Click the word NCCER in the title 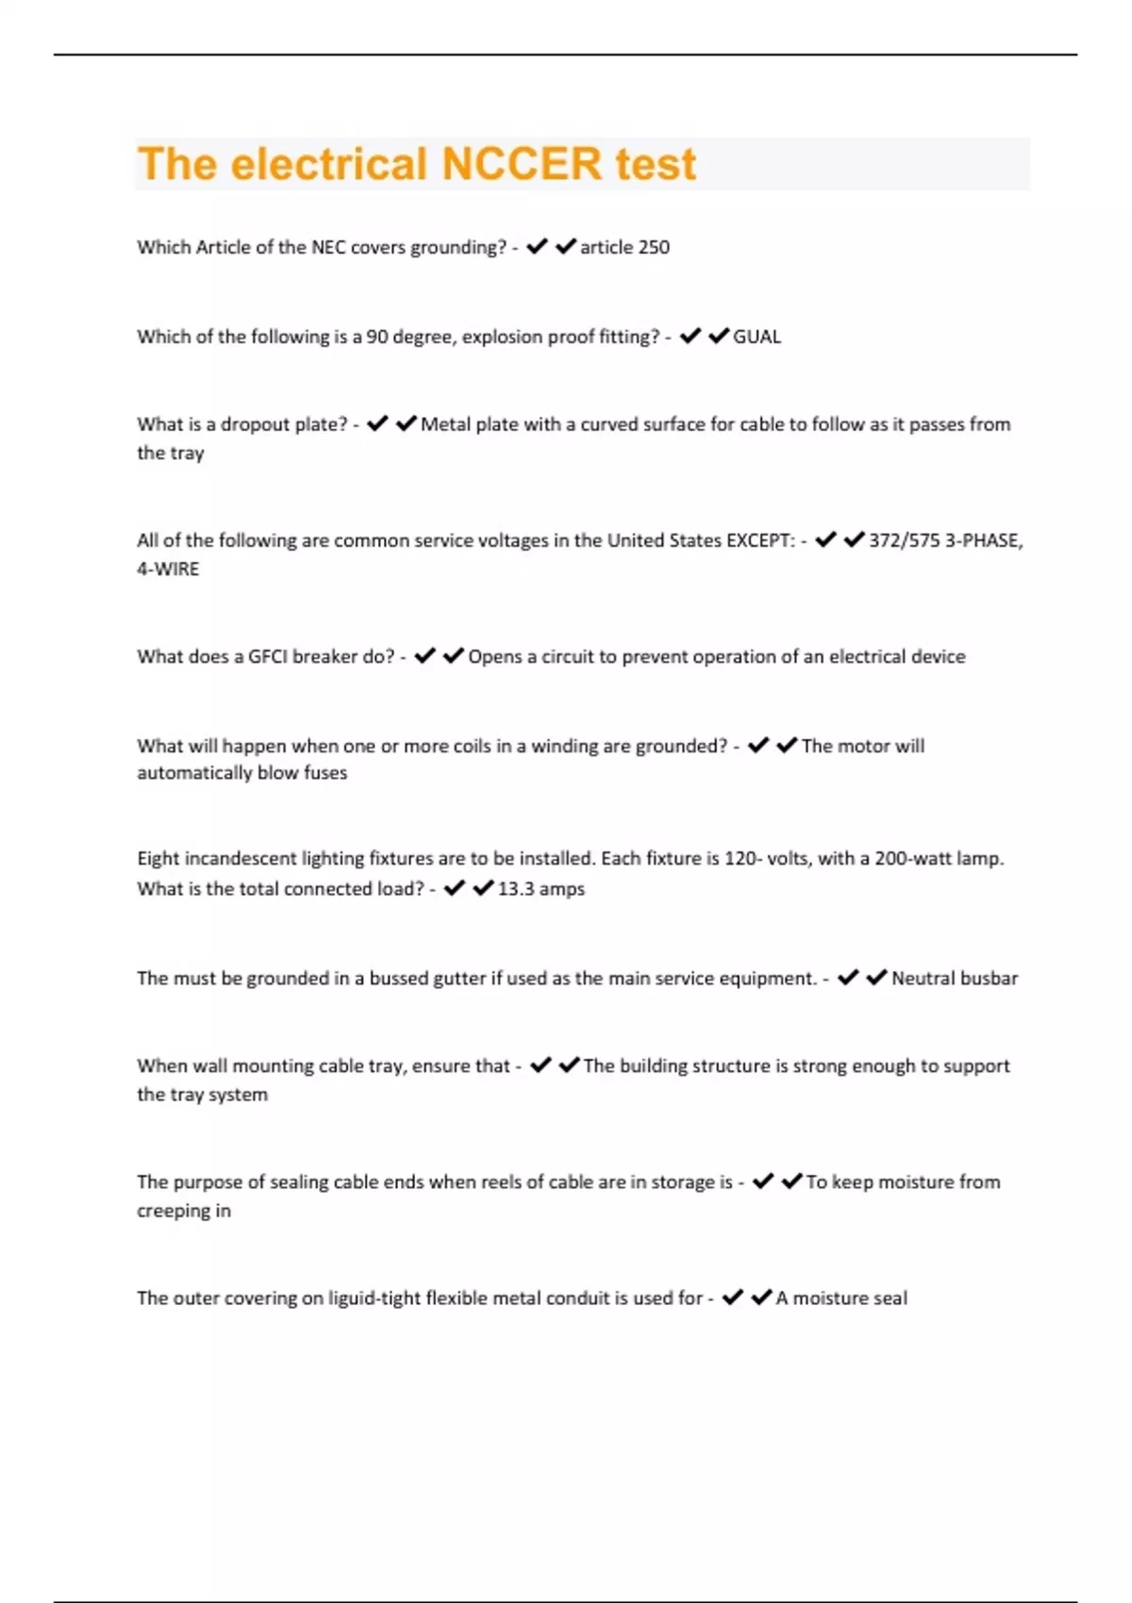[x=522, y=164]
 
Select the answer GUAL [x=757, y=337]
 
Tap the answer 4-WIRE [x=168, y=569]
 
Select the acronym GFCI [x=267, y=656]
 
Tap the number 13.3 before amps [x=515, y=888]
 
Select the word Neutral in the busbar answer [x=924, y=978]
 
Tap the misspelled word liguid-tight [x=374, y=1298]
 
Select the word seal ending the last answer [x=890, y=1298]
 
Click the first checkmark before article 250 [x=537, y=247]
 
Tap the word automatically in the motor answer [x=194, y=772]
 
